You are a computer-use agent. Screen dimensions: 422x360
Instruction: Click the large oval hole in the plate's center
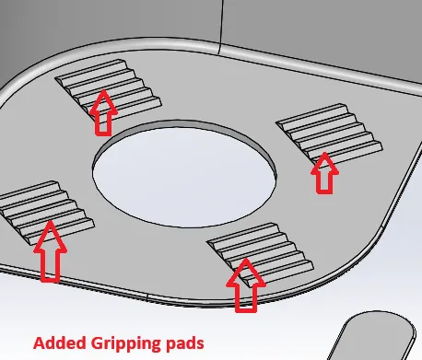[x=184, y=174]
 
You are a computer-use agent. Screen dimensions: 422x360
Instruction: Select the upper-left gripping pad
[x=108, y=87]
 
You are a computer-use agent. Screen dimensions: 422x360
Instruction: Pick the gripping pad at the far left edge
[x=46, y=212]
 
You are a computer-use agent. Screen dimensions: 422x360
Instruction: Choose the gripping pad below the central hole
[x=261, y=253]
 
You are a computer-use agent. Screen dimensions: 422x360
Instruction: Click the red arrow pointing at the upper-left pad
[x=103, y=112]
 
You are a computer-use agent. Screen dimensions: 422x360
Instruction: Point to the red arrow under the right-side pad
[x=324, y=173]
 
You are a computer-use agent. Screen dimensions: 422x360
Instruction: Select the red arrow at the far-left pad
[x=50, y=251]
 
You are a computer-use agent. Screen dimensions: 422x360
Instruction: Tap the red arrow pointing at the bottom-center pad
[x=246, y=285]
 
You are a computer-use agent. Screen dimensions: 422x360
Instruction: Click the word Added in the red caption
[x=60, y=343]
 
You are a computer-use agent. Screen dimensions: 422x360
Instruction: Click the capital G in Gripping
[x=98, y=343]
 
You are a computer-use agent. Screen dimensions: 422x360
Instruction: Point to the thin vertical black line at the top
[x=220, y=27]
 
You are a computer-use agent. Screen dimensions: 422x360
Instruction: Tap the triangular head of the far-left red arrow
[x=50, y=237]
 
